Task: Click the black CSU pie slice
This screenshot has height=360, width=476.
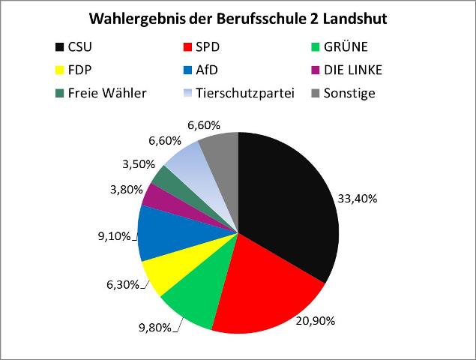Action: pyautogui.click(x=289, y=202)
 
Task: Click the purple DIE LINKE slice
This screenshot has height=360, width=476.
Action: pyautogui.click(x=156, y=196)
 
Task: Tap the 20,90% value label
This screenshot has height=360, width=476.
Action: pyautogui.click(x=315, y=320)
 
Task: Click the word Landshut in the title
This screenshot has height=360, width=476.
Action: pyautogui.click(x=355, y=18)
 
